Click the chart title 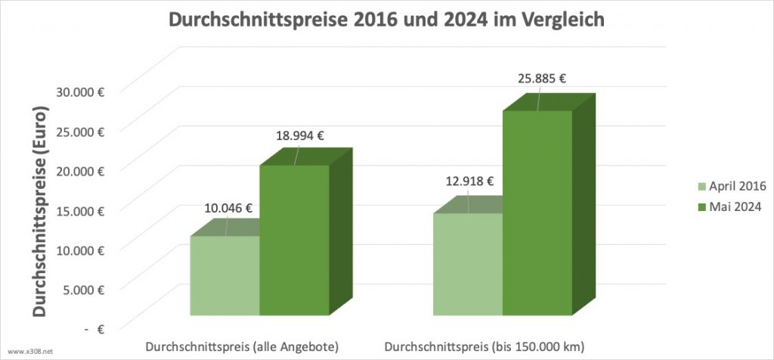point(386,20)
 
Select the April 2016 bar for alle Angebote point(225,275)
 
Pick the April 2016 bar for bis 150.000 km point(468,264)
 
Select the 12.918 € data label point(469,182)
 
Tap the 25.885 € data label point(541,78)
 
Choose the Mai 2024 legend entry point(729,208)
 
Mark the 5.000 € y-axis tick point(85,290)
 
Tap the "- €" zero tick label point(94,330)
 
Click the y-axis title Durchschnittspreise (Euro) point(40,210)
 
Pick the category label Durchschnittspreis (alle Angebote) point(242,347)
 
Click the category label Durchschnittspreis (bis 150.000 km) point(485,347)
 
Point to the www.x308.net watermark point(30,352)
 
